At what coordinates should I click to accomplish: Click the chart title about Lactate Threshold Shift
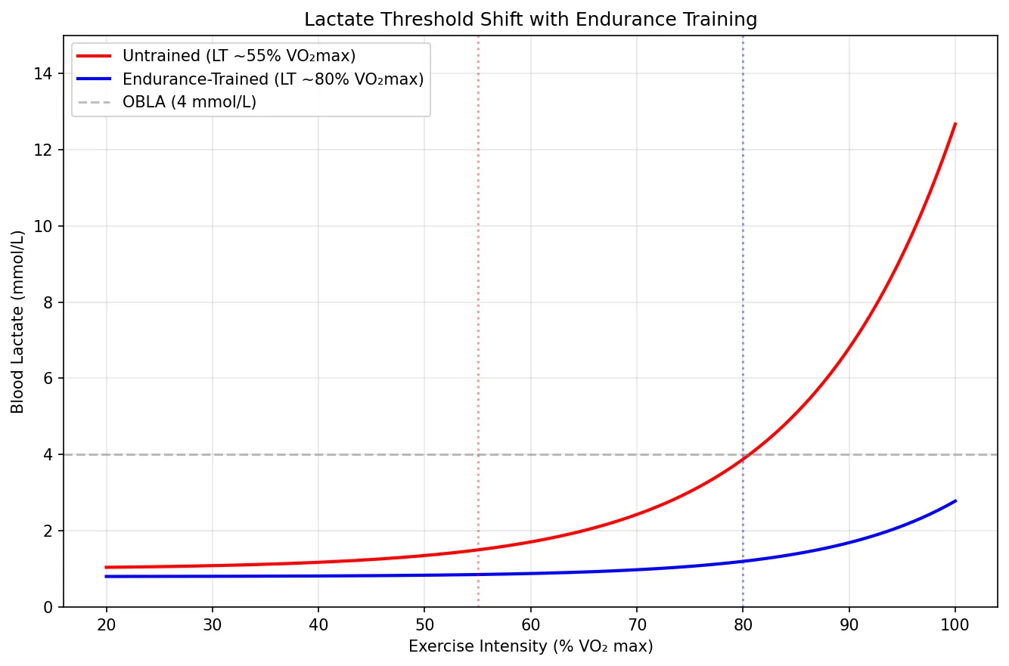click(530, 20)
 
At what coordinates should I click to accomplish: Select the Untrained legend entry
click(238, 57)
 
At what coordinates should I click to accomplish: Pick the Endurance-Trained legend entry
click(272, 79)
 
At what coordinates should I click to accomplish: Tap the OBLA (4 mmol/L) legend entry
click(189, 102)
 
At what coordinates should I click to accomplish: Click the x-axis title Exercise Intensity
click(530, 647)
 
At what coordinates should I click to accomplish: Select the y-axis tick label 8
click(49, 302)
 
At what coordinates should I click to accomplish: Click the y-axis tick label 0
click(49, 607)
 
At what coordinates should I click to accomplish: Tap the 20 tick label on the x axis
click(106, 624)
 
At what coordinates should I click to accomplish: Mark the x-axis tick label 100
click(955, 624)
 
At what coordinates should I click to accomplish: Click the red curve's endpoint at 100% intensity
click(955, 123)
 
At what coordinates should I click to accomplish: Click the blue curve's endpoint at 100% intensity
click(955, 500)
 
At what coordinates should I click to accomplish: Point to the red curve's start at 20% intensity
click(106, 567)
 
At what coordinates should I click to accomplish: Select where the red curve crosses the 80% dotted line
click(743, 459)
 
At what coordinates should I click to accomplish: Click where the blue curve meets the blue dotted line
click(743, 561)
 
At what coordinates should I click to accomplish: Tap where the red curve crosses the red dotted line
click(478, 550)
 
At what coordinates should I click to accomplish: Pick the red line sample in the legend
click(94, 57)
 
